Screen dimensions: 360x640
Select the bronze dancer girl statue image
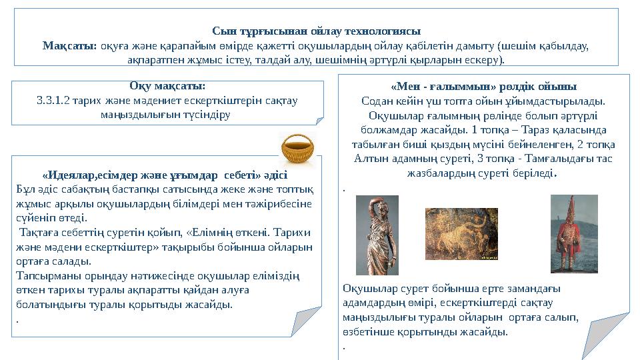(x=377, y=235)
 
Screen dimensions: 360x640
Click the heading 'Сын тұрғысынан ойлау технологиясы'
(x=316, y=31)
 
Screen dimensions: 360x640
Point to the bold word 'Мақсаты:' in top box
(x=70, y=45)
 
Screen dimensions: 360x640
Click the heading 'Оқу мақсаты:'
(x=167, y=87)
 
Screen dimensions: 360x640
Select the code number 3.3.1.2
(x=53, y=101)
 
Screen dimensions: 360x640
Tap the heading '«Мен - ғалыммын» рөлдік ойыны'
(x=483, y=87)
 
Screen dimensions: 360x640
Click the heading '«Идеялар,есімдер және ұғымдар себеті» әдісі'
(x=165, y=176)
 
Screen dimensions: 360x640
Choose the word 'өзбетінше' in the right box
(x=367, y=331)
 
